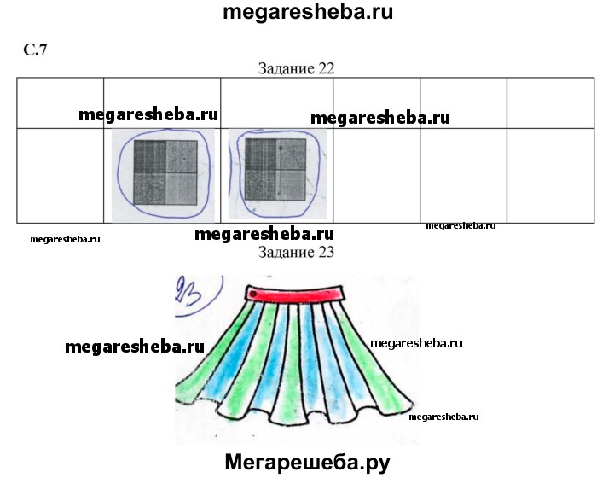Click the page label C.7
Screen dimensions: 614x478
(x=35, y=50)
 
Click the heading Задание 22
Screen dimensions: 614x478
(x=296, y=68)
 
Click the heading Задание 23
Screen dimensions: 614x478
(x=296, y=252)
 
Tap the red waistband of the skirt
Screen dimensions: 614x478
(x=294, y=294)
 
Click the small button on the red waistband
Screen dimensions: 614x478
(x=253, y=294)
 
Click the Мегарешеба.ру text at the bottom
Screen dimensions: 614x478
(x=307, y=463)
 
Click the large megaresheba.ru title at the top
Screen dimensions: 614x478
(x=307, y=12)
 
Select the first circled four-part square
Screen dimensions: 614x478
(x=165, y=172)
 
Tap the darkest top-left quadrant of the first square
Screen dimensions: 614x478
(x=149, y=157)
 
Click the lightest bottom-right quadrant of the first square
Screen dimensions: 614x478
(x=182, y=189)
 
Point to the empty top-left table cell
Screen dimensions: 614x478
(x=61, y=103)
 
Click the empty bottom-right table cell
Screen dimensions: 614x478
(x=551, y=176)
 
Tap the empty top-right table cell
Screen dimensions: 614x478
(x=551, y=103)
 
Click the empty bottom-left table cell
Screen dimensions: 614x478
(x=61, y=176)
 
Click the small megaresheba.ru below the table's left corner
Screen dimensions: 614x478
(x=65, y=239)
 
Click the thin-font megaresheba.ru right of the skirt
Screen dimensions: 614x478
(x=416, y=344)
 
